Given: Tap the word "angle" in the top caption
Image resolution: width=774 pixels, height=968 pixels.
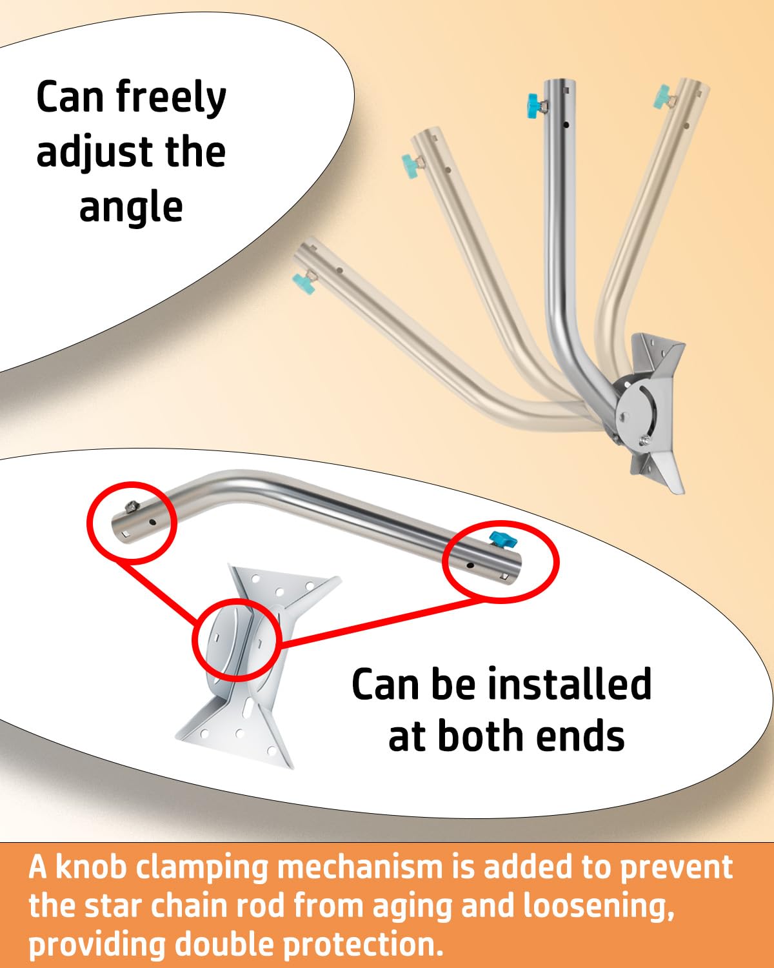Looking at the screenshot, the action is (x=131, y=208).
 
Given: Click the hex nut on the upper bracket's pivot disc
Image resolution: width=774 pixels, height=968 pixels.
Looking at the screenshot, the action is (x=644, y=441).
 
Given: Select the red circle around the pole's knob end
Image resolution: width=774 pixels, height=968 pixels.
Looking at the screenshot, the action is (x=501, y=561).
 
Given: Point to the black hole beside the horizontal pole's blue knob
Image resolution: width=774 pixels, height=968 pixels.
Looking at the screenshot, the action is (x=470, y=565).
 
